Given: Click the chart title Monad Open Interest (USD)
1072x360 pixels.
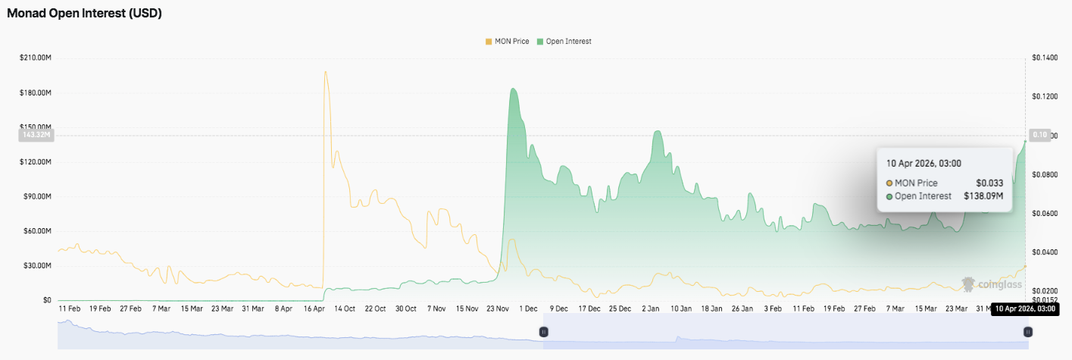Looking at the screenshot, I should [x=84, y=14].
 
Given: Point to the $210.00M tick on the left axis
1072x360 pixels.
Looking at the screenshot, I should [x=36, y=58].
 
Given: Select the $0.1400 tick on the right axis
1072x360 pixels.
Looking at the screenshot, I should [x=1045, y=58].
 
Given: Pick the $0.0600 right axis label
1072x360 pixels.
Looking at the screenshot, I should [x=1045, y=213].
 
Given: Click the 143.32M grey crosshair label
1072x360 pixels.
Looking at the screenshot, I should [x=36, y=135].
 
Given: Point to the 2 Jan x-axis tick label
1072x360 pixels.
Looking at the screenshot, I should [x=651, y=309].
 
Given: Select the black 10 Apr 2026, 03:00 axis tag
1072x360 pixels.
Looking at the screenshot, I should [x=1024, y=309].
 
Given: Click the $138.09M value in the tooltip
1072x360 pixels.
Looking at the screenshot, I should [x=983, y=196].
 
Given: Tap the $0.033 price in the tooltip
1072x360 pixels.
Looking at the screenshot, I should [x=990, y=183].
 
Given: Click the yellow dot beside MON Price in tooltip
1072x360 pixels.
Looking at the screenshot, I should [x=889, y=183].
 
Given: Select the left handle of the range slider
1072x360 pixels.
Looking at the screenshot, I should [x=543, y=332].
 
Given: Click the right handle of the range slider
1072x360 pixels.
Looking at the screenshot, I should [x=1027, y=332].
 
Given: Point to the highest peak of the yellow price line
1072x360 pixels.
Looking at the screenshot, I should [x=325, y=72].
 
